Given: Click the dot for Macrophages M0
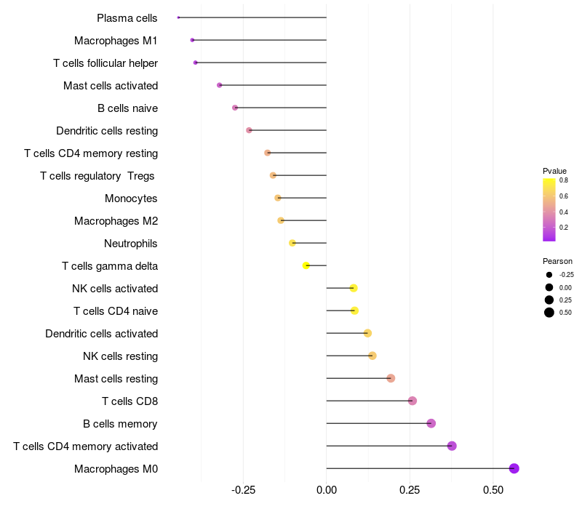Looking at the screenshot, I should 514,468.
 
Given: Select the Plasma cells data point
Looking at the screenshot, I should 178,17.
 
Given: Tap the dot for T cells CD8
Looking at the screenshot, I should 412,401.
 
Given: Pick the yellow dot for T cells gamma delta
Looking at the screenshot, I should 306,265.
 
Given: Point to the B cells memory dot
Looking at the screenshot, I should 431,423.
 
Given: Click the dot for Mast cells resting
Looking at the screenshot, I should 391,378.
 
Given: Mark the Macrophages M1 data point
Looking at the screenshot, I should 192,40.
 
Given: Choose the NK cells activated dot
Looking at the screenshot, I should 354,288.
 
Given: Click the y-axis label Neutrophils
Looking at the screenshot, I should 131,244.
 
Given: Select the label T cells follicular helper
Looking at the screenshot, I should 105,63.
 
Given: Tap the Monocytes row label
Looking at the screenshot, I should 131,199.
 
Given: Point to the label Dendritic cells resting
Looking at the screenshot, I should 107,131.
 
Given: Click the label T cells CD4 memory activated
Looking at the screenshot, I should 86,446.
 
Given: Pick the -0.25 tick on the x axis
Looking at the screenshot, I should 243,489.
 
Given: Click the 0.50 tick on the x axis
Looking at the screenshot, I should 493,489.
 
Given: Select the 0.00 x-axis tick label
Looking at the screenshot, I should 327,489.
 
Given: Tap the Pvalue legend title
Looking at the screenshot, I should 554,171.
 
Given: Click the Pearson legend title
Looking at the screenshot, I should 557,261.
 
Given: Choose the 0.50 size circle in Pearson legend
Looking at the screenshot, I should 549,313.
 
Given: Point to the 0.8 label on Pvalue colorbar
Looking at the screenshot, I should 564,180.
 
